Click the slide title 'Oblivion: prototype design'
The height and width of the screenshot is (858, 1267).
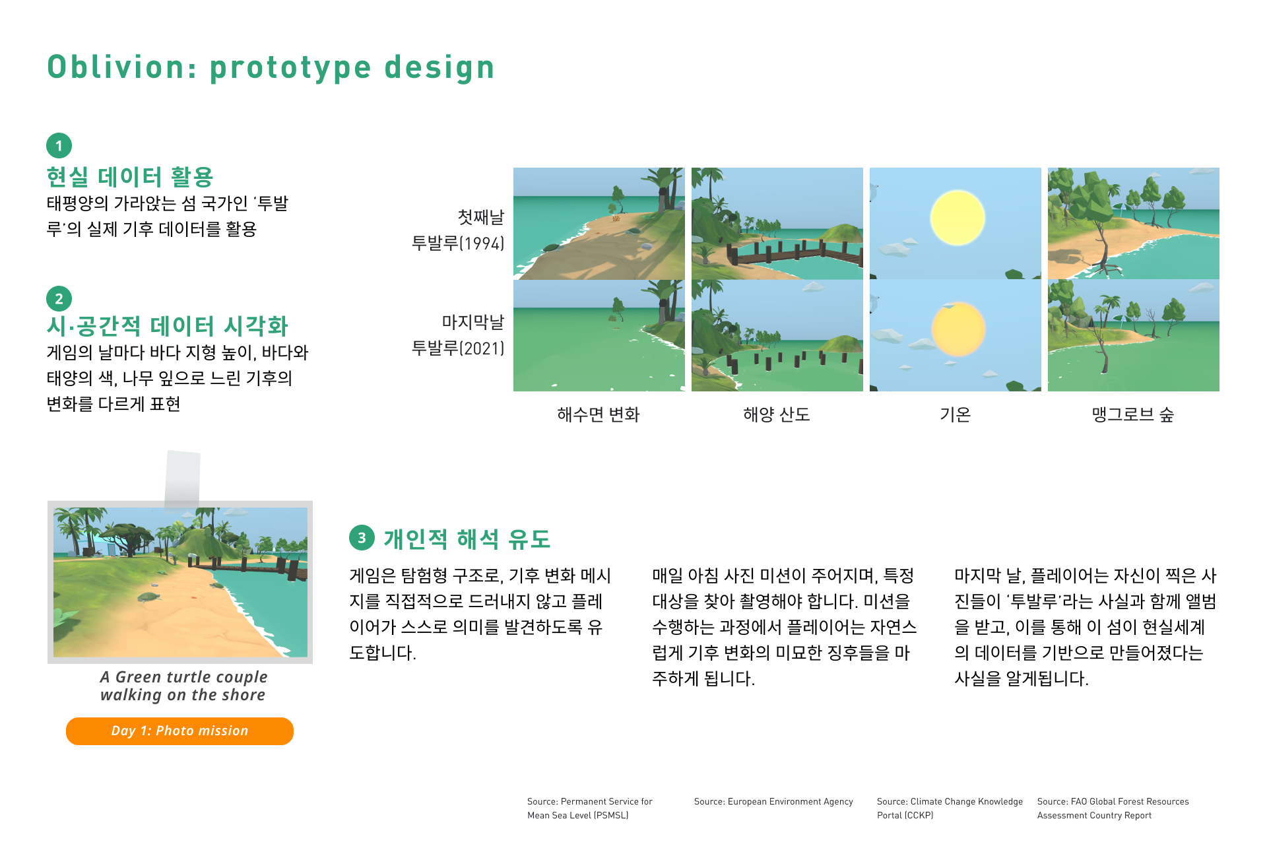point(271,68)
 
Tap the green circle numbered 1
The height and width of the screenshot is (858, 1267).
point(59,146)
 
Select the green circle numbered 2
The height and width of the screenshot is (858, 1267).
point(59,298)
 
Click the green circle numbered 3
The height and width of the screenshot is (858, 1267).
point(362,538)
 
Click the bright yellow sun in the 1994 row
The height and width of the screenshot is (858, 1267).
point(958,218)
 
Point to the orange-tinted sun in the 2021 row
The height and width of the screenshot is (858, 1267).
point(958,329)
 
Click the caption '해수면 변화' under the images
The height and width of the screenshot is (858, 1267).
point(599,414)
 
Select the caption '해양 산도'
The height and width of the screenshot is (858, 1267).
point(777,414)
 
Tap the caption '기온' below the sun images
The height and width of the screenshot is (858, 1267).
point(955,414)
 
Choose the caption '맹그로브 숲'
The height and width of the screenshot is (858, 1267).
point(1133,414)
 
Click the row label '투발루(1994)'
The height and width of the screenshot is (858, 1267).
point(458,243)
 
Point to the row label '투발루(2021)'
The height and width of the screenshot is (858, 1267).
point(458,348)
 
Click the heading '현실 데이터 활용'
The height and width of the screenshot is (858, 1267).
point(130,177)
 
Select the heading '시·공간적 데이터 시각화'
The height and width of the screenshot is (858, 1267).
point(168,326)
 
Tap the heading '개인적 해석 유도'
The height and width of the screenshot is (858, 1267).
point(467,539)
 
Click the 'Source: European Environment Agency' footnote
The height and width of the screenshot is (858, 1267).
point(773,802)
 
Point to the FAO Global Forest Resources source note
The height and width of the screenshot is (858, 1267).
point(1113,808)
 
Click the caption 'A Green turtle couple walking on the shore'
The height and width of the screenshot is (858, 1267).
point(183,686)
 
